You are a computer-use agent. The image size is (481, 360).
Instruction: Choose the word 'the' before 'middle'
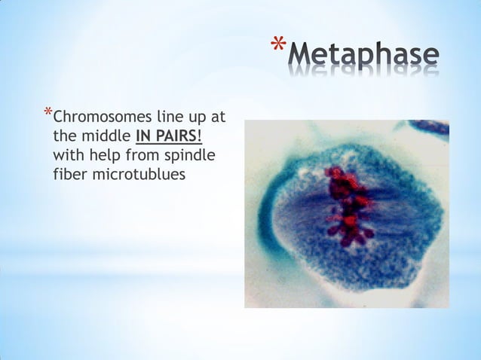(x=65, y=136)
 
